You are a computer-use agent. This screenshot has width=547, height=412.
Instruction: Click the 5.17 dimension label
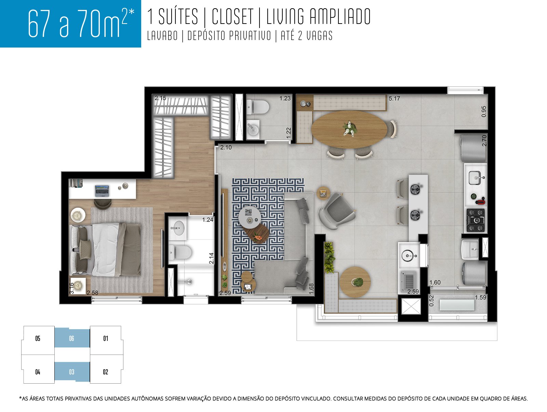pos(394,98)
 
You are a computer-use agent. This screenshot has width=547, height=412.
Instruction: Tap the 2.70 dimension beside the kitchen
pos(484,141)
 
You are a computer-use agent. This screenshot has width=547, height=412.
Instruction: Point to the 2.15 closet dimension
pos(160,98)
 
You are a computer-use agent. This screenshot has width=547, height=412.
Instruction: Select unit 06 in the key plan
pos(72,338)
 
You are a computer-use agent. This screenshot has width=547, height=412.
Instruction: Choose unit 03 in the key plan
pos(72,372)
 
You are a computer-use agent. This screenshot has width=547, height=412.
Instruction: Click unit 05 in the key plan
pos(38,338)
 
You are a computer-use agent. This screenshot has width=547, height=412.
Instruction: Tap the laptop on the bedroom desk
pos(102,191)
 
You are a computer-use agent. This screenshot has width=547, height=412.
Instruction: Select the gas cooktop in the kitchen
pos(476,220)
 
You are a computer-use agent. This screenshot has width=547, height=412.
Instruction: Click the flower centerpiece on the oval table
pos(349,128)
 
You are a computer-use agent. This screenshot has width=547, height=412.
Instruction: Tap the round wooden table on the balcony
pos(355,282)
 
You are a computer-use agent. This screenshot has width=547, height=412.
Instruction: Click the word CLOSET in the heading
pos(232,17)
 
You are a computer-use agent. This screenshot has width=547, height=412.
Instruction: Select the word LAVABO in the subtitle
pos(162,36)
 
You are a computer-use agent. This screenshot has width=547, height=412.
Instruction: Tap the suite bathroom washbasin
pos(178,228)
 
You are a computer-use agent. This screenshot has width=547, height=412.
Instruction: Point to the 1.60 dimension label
pos(435,282)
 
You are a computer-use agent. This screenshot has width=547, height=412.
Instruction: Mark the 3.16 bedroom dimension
pos(71,288)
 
